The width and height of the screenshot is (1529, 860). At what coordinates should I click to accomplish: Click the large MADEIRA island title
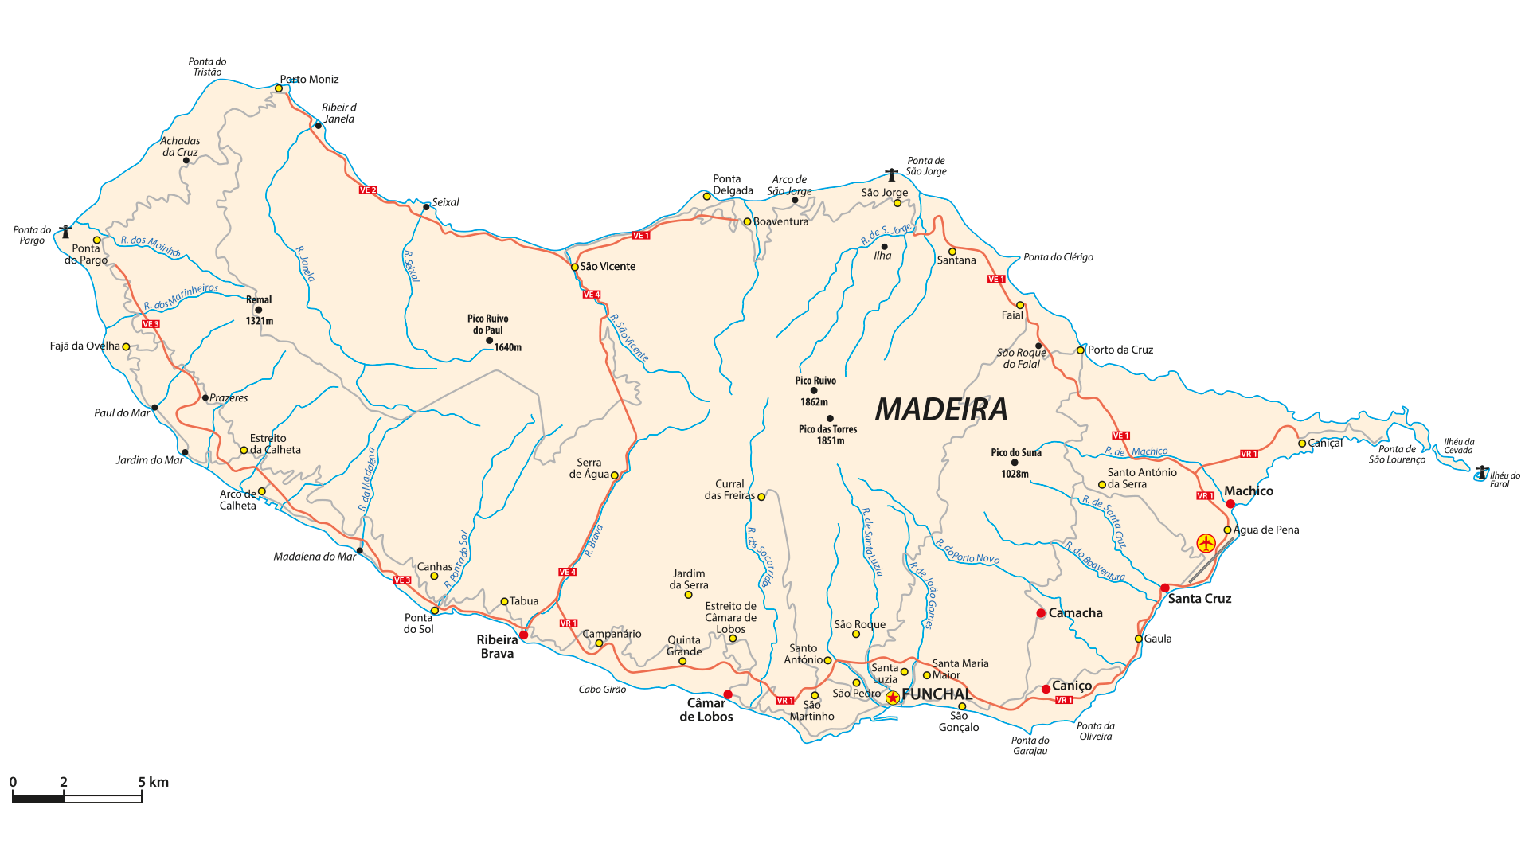point(941,409)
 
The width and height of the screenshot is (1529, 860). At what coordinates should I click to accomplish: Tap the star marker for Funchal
point(893,698)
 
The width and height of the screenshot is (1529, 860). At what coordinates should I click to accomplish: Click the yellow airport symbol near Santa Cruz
point(1206,543)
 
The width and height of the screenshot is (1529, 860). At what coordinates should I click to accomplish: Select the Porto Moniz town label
point(309,80)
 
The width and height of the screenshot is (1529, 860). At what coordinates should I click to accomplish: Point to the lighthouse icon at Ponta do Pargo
point(65,232)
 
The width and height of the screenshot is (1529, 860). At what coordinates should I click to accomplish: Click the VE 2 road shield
point(368,190)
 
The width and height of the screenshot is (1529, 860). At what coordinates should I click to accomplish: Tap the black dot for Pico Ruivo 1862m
point(814,391)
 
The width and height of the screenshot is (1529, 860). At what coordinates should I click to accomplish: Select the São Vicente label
point(608,267)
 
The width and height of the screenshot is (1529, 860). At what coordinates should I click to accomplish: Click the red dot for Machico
point(1230,504)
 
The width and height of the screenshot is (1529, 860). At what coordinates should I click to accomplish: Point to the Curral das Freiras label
point(729,490)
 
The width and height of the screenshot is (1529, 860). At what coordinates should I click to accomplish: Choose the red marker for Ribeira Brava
point(523,635)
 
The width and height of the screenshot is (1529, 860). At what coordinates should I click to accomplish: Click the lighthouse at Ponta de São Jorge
point(891,174)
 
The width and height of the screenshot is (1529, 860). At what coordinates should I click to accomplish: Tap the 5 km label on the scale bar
point(154,782)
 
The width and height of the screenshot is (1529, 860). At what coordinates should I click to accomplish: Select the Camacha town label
point(1075,613)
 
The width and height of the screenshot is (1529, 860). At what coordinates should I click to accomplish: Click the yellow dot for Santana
point(952,252)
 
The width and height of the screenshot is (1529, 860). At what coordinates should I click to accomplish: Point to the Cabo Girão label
point(602,690)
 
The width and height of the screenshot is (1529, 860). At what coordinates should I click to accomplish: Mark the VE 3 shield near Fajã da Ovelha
point(151,324)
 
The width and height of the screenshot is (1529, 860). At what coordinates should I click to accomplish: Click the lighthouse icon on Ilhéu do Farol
point(1481,471)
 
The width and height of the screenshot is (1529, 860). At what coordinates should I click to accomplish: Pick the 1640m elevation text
point(508,347)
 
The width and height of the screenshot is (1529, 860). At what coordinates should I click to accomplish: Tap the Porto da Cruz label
point(1120,350)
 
